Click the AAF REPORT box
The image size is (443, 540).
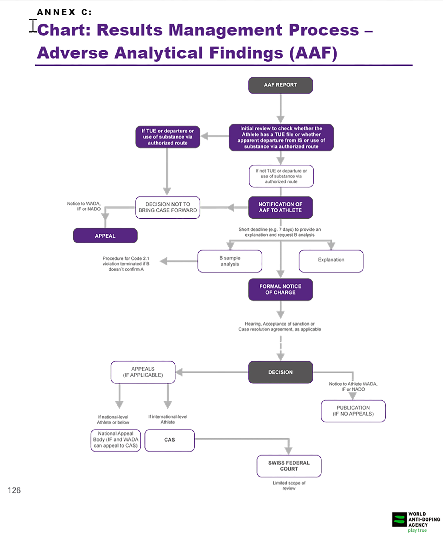tap(280, 85)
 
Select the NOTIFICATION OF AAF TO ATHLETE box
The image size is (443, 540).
tap(280, 207)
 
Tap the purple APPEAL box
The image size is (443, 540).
tap(105, 236)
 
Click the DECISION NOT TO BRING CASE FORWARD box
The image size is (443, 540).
tap(168, 207)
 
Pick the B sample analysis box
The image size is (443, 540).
tap(230, 261)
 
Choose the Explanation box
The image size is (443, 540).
tap(331, 261)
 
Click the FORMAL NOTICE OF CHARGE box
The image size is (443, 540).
tap(280, 289)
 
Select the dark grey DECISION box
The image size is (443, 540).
tap(280, 372)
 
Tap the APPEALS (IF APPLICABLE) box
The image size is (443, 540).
tap(143, 372)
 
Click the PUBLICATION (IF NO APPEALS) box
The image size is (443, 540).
tap(353, 411)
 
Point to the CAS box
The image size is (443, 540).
tap(169, 440)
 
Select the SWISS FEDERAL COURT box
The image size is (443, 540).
tap(289, 466)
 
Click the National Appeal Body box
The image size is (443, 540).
tap(116, 440)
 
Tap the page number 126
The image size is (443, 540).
tap(14, 490)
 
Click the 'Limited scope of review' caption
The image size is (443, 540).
tap(289, 485)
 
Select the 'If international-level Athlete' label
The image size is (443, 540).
tap(168, 419)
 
